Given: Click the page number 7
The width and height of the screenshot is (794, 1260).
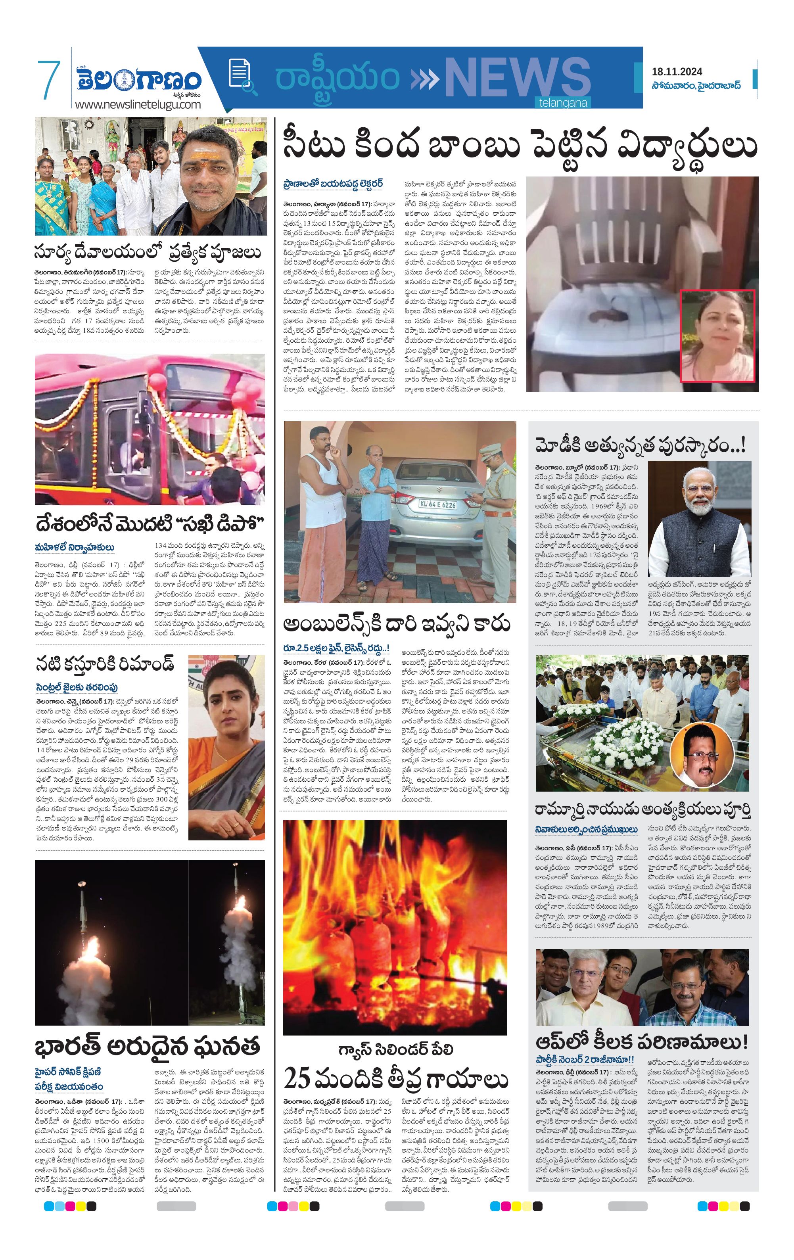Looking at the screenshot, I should [x=49, y=80].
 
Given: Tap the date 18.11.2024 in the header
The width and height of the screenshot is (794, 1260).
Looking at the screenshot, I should [x=677, y=72].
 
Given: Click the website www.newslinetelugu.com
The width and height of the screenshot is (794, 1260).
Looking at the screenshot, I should [x=138, y=104].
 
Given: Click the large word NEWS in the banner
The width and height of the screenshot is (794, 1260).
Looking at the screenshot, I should [x=517, y=78].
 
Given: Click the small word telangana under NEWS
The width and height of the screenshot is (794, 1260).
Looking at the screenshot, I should [x=563, y=103].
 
